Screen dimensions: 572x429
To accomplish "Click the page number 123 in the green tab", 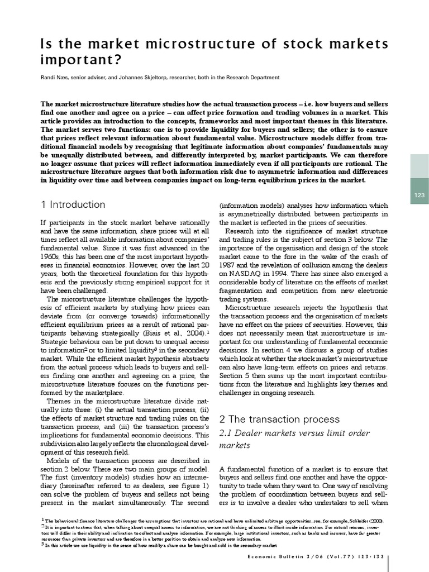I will coord(420,195).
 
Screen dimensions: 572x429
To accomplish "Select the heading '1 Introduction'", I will coord(73,204).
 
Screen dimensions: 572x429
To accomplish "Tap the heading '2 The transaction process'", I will coord(279,419).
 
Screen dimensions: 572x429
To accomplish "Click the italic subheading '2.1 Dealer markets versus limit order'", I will coord(288,433).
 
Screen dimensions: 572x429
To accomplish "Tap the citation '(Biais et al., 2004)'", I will coord(169,332).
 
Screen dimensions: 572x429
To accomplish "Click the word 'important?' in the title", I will coord(81,60).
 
